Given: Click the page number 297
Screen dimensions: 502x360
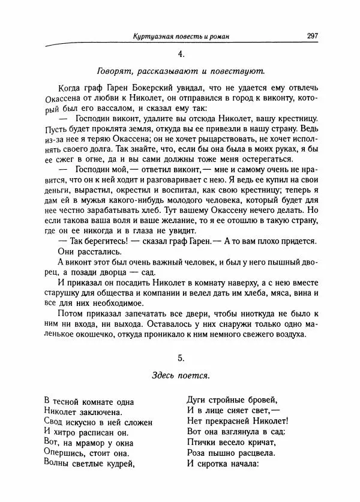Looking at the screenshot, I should coord(312,37).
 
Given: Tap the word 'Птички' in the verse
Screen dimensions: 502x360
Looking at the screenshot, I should coord(202,442).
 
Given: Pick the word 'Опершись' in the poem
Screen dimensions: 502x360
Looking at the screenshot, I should coord(64,452).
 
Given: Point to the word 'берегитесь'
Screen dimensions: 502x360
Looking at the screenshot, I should coord(95,241).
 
